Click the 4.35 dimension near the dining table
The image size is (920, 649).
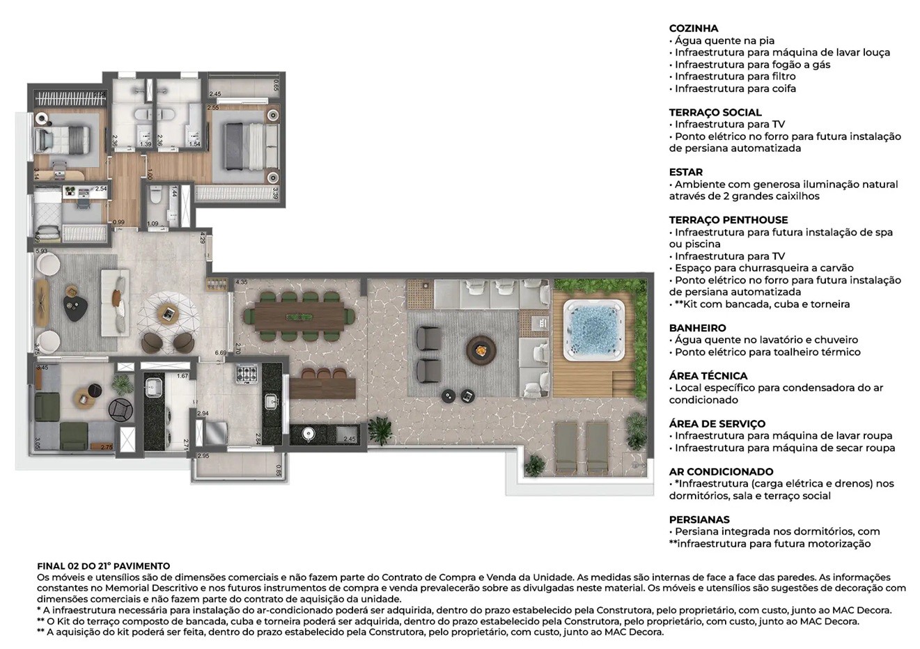[242, 282]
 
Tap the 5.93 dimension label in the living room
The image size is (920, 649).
[41, 251]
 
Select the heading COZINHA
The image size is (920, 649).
[693, 29]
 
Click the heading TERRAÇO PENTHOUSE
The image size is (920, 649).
[728, 220]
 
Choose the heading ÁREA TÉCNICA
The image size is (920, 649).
[708, 376]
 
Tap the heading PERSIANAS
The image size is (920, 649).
[699, 519]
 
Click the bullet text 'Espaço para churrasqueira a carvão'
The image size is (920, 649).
[763, 268]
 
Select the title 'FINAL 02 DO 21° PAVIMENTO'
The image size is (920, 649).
[103, 566]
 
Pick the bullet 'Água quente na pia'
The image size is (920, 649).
[724, 41]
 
